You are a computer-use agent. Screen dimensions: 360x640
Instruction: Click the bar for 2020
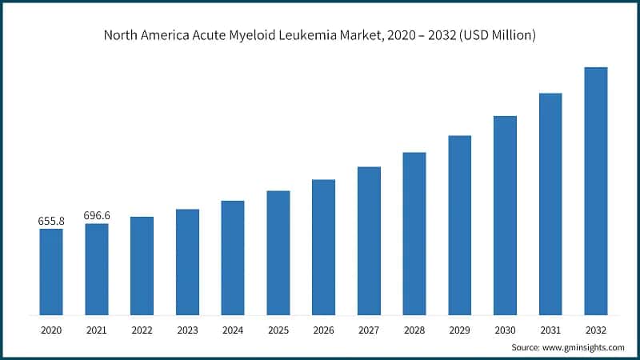point(50,271)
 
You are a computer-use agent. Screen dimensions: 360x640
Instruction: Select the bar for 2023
point(187,262)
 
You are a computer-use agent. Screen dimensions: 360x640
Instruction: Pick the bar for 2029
point(459,225)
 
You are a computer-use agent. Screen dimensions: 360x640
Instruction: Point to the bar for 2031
point(550,203)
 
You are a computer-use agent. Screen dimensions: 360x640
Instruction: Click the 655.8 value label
point(50,221)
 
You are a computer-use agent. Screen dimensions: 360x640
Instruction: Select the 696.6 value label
point(96,216)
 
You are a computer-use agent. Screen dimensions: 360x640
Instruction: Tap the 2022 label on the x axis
point(142,328)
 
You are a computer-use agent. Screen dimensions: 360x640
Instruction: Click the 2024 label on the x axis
point(232,328)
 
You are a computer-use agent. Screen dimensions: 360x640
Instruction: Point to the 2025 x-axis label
point(278,328)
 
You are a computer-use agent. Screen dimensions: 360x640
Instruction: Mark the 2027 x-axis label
point(369,328)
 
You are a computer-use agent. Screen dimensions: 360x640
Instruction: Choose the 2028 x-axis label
point(414,328)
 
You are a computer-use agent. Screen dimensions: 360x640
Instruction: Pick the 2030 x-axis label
point(505,328)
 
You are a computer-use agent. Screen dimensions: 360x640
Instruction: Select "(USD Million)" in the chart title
point(496,35)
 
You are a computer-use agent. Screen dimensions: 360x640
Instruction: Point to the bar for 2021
point(96,269)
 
